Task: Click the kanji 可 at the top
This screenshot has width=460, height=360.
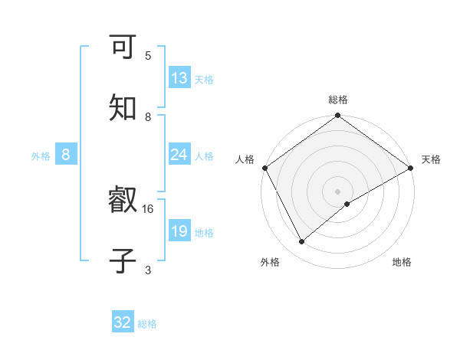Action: pyautogui.click(x=123, y=49)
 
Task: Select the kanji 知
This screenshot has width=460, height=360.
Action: pyautogui.click(x=123, y=108)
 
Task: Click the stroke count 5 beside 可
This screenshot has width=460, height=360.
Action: pyautogui.click(x=148, y=56)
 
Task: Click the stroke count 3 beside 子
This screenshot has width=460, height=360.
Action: pyautogui.click(x=148, y=269)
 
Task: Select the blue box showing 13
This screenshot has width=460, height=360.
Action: pyautogui.click(x=179, y=78)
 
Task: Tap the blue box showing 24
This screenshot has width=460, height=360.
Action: pyautogui.click(x=179, y=155)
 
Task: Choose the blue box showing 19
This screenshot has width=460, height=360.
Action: pyautogui.click(x=179, y=231)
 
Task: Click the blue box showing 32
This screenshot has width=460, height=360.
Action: pyautogui.click(x=123, y=322)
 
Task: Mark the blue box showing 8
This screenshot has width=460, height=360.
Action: pyautogui.click(x=66, y=155)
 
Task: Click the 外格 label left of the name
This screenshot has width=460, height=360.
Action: pyautogui.click(x=41, y=155)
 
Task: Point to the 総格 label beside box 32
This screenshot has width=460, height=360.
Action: pyautogui.click(x=148, y=323)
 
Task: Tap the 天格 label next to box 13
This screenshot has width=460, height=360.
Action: pyautogui.click(x=204, y=79)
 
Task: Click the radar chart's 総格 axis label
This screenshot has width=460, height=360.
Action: pyautogui.click(x=338, y=100)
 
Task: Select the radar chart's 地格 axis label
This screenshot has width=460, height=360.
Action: pyautogui.click(x=402, y=262)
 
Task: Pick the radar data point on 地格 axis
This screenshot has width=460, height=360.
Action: pyautogui.click(x=347, y=204)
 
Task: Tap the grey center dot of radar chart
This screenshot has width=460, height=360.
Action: pyautogui.click(x=337, y=191)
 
